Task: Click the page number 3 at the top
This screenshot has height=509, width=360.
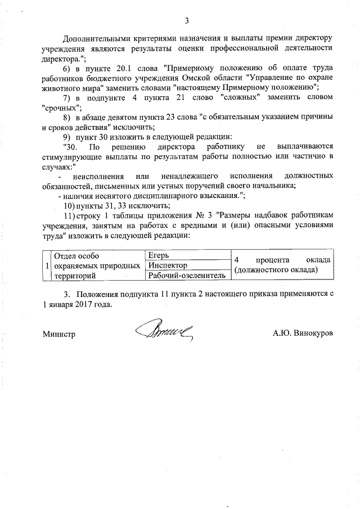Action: click(x=186, y=21)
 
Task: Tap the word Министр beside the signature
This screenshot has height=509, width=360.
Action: click(x=59, y=334)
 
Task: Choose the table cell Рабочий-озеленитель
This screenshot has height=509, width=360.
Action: click(x=186, y=276)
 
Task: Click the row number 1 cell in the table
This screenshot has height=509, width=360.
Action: click(x=46, y=265)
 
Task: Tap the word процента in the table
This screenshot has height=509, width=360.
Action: click(x=272, y=260)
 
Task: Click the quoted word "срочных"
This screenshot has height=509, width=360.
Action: click(x=62, y=107)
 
